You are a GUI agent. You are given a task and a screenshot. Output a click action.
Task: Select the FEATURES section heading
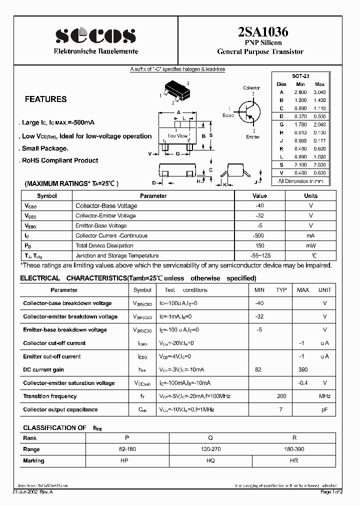point(45,99)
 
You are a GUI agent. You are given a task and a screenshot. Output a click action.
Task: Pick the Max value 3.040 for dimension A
point(319,92)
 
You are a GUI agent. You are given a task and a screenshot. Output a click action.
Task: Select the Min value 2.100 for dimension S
point(300,164)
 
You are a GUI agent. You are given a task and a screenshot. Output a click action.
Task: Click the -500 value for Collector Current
point(259,235)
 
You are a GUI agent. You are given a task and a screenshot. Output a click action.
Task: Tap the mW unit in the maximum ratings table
point(310,245)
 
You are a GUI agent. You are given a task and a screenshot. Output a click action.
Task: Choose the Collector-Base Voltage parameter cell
point(106,205)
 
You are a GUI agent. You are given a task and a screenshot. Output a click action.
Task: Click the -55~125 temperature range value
point(259,255)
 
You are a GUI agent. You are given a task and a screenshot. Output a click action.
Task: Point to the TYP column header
point(281,290)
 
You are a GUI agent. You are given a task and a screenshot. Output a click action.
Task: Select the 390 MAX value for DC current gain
point(303,369)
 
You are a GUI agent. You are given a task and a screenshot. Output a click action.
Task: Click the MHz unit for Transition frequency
point(324,396)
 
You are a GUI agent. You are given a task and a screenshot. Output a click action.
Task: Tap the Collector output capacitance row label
point(60,409)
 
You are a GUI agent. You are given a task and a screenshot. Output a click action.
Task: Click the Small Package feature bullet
point(45,148)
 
